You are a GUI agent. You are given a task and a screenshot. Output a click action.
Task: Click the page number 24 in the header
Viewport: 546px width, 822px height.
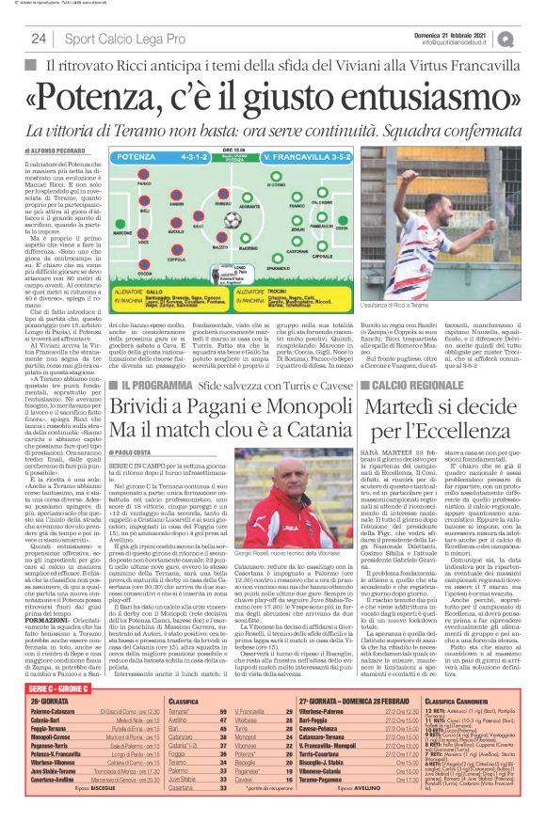click(x=39, y=39)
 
